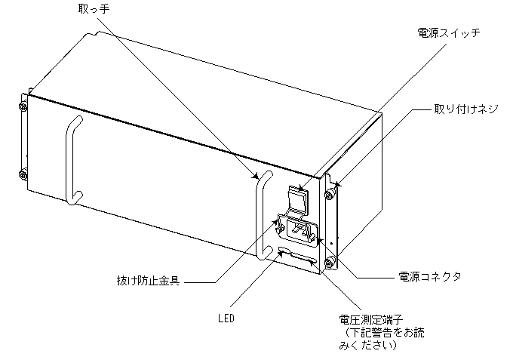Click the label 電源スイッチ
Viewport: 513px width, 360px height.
click(x=448, y=34)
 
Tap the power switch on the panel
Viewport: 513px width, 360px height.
click(x=299, y=199)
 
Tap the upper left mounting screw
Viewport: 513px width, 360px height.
click(x=22, y=107)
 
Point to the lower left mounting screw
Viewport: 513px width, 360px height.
click(x=22, y=174)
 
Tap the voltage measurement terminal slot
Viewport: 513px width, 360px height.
click(x=305, y=259)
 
